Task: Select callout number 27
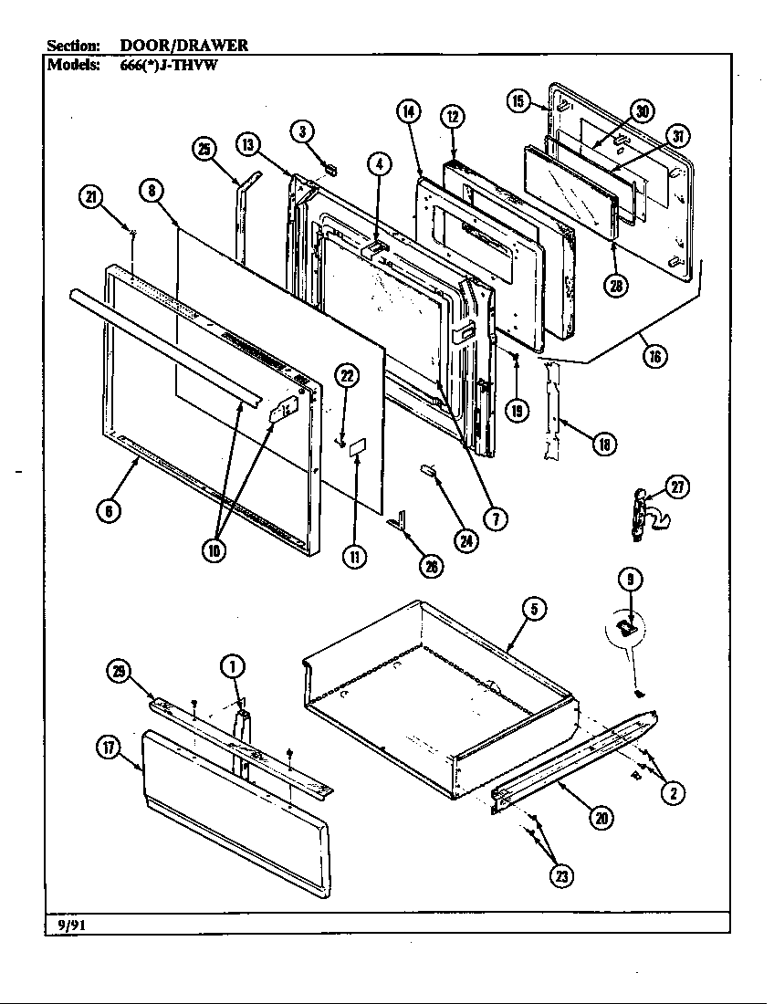click(676, 486)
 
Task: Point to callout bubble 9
click(629, 577)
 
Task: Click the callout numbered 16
click(654, 356)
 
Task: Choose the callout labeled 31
click(677, 136)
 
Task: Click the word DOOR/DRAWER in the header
click(184, 44)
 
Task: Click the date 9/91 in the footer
click(66, 924)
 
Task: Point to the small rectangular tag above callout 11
click(358, 448)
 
